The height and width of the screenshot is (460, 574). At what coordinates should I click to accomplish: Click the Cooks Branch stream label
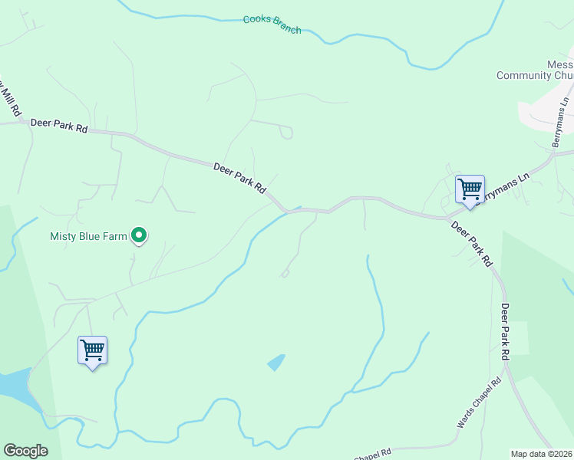tap(272, 25)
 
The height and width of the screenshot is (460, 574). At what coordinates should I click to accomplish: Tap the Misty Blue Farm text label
tap(88, 237)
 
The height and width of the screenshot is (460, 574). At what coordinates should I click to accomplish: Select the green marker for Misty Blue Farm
tap(139, 235)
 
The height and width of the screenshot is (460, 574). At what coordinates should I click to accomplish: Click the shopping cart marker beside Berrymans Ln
tap(470, 189)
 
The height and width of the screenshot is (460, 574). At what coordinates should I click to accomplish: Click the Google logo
tap(25, 451)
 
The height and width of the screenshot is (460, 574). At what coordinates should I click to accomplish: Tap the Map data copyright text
tap(542, 454)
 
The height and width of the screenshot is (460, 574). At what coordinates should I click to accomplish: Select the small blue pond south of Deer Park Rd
tap(276, 362)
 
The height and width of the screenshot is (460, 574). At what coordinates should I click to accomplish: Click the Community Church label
tap(535, 75)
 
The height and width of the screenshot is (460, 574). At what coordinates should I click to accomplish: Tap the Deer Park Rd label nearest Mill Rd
tap(59, 126)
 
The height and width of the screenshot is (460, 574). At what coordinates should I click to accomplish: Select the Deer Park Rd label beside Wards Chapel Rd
tap(506, 329)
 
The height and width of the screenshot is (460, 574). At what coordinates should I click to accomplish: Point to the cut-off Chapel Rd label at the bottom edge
tap(372, 455)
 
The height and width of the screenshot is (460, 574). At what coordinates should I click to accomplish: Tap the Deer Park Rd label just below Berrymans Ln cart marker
tap(471, 243)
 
